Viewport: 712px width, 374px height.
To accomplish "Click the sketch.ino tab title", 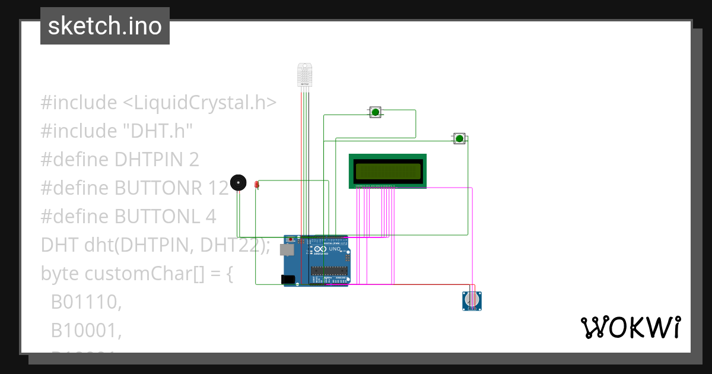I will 105,26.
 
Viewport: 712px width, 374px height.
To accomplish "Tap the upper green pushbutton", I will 375,112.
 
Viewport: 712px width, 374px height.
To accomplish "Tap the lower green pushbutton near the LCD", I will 459,139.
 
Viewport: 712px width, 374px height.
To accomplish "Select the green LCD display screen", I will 387,171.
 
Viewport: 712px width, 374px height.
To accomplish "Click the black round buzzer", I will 238,183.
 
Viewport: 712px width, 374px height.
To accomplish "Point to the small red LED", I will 257,185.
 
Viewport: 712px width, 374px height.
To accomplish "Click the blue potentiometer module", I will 472,301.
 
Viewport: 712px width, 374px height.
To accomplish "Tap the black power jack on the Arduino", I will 288,279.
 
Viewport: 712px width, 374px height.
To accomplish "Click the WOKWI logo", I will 630,328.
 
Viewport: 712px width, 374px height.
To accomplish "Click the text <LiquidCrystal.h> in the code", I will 199,103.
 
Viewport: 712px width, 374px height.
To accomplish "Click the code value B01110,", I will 86,302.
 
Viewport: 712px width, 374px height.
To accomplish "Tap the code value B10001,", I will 86,331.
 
